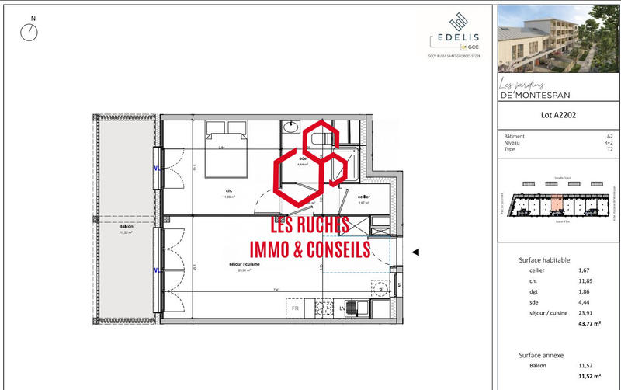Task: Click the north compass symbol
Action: coord(30,32)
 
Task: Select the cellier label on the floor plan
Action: coord(363,197)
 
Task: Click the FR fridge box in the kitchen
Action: coord(295,308)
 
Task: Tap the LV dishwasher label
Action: coord(342,308)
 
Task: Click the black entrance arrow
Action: coord(415,252)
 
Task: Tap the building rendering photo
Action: coord(557,37)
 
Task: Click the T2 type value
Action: coord(609,149)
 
